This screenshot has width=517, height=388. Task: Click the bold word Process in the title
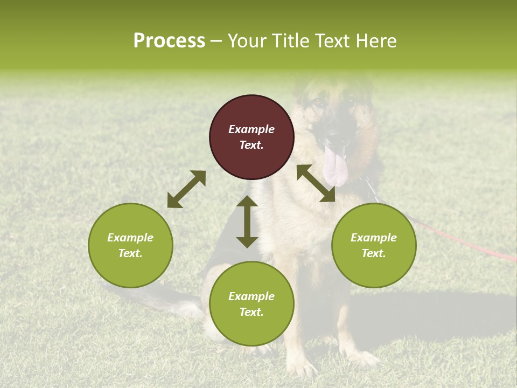coord(169,41)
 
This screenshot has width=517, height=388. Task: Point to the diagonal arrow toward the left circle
coord(186,189)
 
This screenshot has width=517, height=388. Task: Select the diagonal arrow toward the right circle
coord(316,183)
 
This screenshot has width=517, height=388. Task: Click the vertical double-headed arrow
coord(247,221)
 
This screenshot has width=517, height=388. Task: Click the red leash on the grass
coord(463,242)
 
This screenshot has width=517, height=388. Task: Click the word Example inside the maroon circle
coord(251,129)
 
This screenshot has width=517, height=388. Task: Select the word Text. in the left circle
coord(130,253)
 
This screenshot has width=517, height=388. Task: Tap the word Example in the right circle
coord(374,238)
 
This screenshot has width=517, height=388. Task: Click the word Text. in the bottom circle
coord(251,312)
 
